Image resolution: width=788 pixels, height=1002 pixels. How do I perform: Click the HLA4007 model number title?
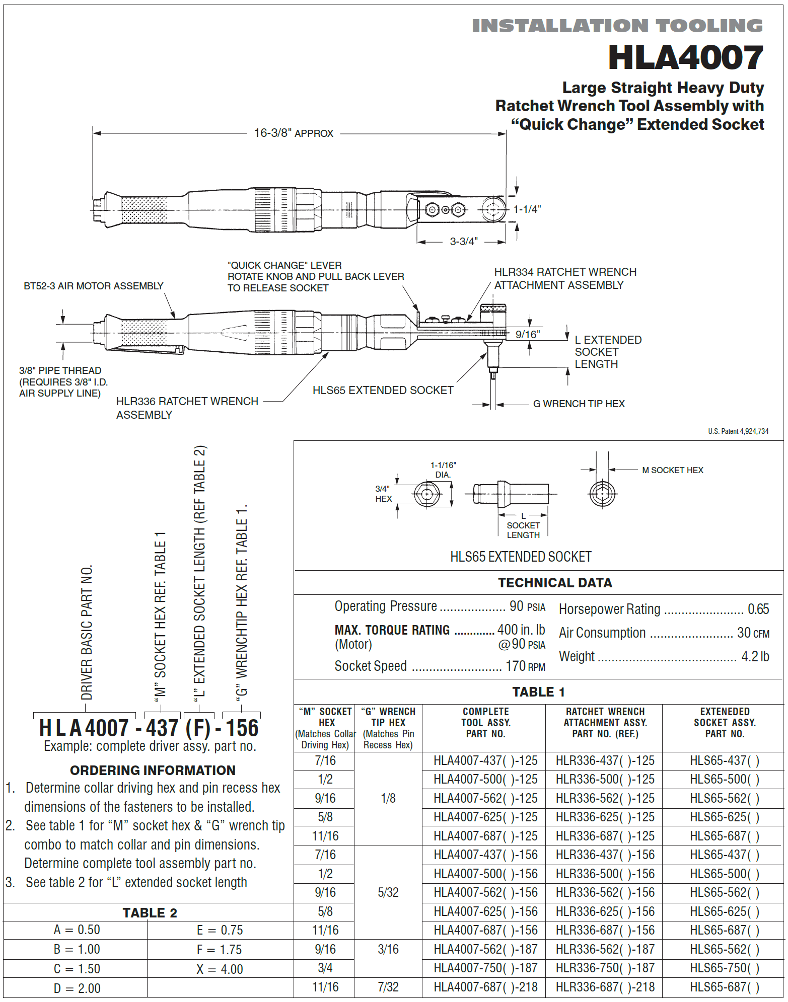click(x=685, y=57)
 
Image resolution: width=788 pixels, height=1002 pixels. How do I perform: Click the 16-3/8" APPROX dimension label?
click(x=294, y=133)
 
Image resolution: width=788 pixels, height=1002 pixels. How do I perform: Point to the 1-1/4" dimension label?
click(x=527, y=209)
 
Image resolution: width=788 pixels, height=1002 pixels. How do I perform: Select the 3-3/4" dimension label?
click(x=463, y=242)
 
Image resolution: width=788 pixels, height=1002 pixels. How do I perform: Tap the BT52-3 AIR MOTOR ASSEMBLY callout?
click(x=94, y=286)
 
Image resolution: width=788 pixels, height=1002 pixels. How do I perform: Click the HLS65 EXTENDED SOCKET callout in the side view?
click(x=383, y=390)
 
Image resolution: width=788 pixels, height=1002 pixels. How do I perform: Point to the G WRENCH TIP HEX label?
click(x=579, y=404)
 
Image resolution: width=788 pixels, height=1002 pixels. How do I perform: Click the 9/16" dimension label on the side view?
click(x=527, y=335)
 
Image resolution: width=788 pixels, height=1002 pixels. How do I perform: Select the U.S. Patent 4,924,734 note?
click(x=738, y=431)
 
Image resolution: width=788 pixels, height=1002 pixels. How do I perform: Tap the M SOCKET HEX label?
click(x=672, y=470)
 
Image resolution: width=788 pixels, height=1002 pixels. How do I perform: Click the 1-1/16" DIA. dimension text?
click(x=443, y=470)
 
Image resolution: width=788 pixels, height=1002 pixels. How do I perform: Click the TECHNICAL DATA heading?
click(x=555, y=583)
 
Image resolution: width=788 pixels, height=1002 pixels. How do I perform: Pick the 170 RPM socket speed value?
click(x=525, y=666)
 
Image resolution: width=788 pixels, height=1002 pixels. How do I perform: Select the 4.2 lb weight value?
click(x=755, y=656)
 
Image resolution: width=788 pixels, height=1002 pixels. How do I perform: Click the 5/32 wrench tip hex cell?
click(x=388, y=892)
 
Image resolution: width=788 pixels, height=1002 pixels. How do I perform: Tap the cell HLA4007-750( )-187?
click(x=485, y=968)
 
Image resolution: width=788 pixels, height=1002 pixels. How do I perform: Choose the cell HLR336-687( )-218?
click(x=605, y=987)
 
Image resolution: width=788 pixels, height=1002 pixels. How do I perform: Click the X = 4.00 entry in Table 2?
click(x=220, y=969)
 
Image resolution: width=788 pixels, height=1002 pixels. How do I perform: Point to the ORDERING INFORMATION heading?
click(x=153, y=770)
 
